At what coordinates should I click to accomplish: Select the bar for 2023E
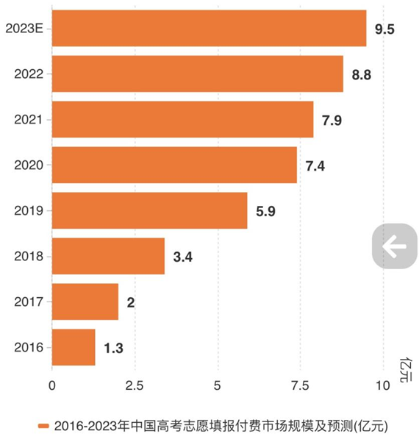209,29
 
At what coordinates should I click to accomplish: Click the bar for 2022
197,74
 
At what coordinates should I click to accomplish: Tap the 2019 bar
149,210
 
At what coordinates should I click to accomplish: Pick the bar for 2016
74,347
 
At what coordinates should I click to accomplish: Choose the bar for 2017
85,302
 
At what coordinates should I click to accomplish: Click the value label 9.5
385,29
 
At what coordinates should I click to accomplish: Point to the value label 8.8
362,74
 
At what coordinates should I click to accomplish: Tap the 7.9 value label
332,120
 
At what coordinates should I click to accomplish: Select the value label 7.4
315,165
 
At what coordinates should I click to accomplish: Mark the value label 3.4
183,257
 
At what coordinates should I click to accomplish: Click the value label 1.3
114,348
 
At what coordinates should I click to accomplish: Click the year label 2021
28,120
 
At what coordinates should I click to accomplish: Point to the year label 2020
28,165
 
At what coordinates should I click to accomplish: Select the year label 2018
28,257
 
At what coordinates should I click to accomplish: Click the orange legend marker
44,426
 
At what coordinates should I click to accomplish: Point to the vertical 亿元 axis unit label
405,370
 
